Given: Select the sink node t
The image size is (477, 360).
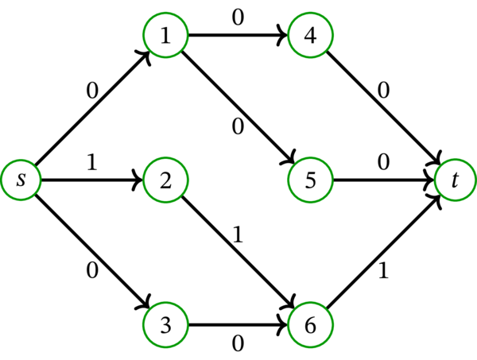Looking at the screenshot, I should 455,180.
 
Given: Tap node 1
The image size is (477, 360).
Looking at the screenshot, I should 165,36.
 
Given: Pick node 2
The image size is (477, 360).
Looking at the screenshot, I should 165,180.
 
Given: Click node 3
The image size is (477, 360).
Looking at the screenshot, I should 165,324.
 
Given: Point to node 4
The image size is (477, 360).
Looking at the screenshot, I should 310,36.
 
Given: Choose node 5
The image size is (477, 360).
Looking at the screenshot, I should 310,180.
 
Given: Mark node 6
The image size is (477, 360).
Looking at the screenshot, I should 310,324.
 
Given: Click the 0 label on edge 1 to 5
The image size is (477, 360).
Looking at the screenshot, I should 238,126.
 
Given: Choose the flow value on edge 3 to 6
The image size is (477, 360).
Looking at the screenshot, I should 237,344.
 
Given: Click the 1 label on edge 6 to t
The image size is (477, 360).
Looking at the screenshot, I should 385,270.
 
